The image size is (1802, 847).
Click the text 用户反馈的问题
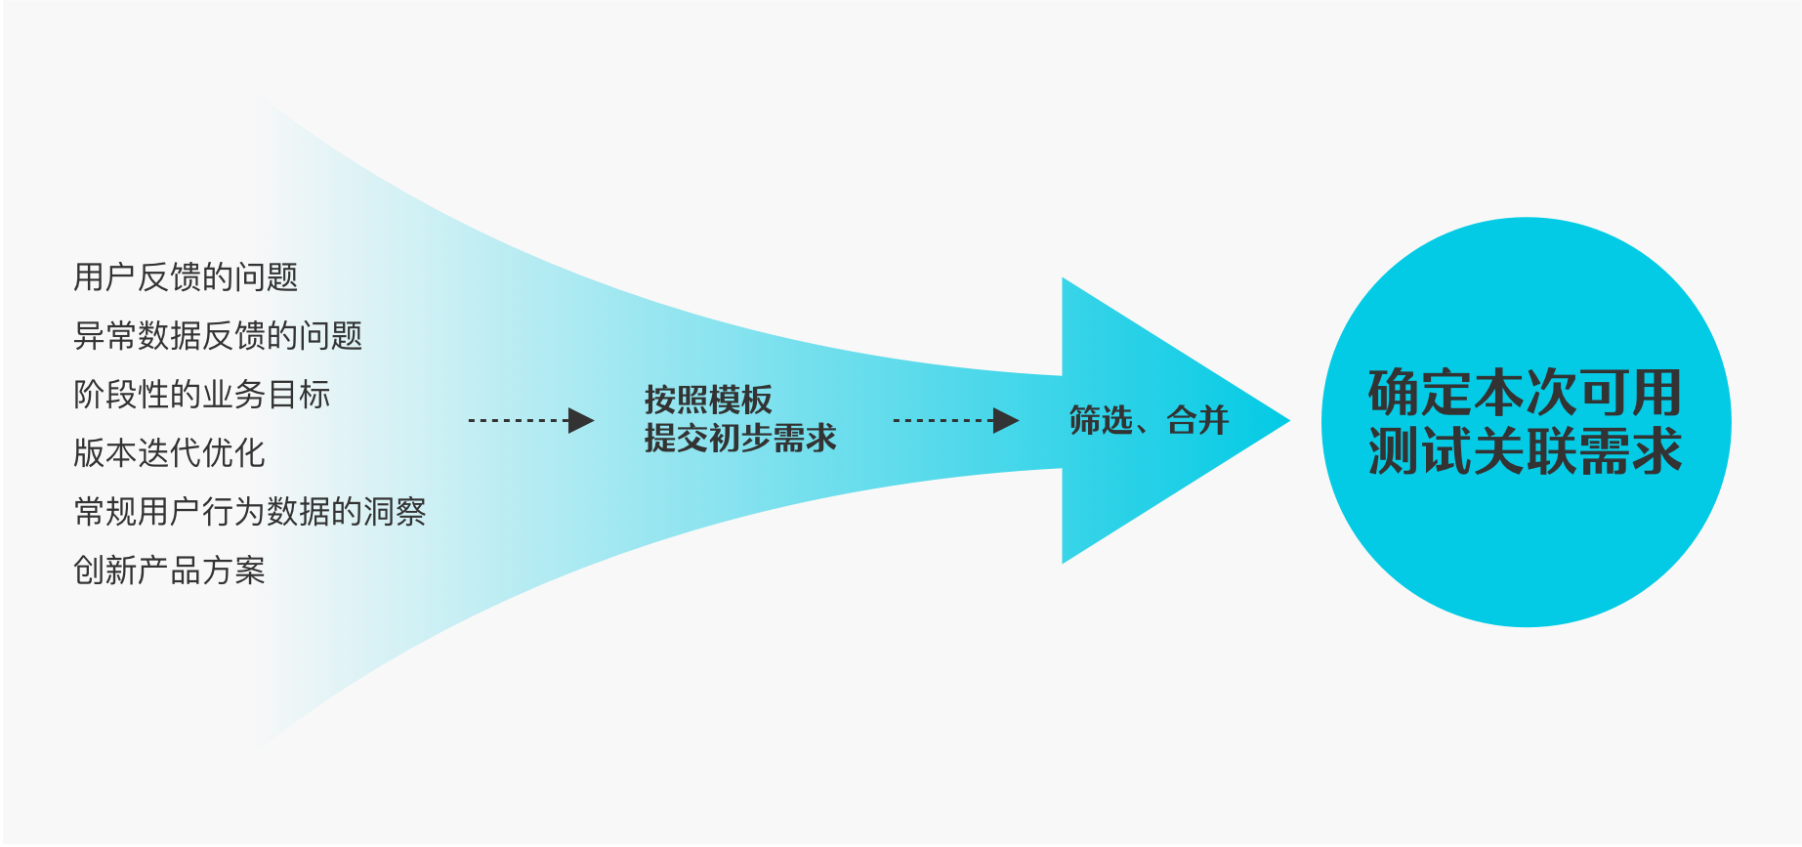(186, 277)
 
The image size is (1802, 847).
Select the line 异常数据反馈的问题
(218, 336)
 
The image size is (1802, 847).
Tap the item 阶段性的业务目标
(202, 395)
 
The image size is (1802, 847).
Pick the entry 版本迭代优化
(169, 453)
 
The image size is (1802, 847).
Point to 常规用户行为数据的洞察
(250, 512)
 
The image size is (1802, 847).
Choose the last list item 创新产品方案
(169, 571)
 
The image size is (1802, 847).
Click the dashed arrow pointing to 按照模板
(530, 421)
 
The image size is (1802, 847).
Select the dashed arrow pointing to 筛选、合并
(955, 421)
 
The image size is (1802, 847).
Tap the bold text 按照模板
(708, 400)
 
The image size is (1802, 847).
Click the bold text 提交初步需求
(740, 439)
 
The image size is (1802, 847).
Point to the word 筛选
(1101, 421)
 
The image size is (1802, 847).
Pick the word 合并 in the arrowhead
(1197, 421)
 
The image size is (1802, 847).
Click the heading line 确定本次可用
(1525, 393)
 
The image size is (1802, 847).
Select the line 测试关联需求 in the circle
(1525, 450)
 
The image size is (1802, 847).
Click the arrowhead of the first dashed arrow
(581, 421)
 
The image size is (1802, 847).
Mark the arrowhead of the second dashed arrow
(1006, 421)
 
